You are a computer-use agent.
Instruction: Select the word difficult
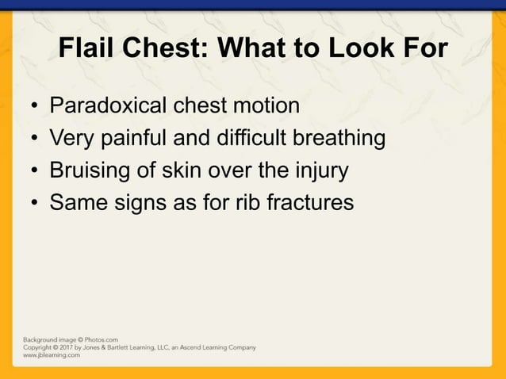pos(257,139)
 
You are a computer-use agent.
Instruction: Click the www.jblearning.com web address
pos(51,356)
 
